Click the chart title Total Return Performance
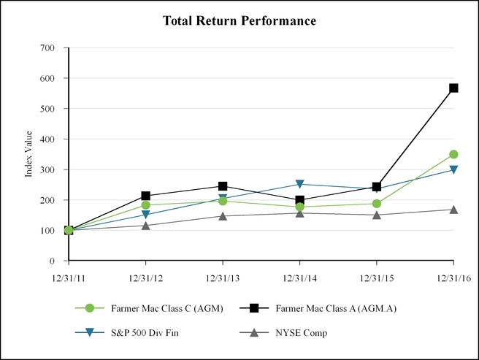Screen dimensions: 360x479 (x=239, y=20)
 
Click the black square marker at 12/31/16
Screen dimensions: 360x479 (x=453, y=88)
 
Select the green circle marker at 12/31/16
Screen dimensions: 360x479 (x=453, y=154)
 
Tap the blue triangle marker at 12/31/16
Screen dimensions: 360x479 (x=453, y=170)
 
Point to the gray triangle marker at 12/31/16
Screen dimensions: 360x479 (x=453, y=210)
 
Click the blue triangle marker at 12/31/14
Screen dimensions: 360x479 (x=299, y=184)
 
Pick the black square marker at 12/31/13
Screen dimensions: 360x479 (x=223, y=186)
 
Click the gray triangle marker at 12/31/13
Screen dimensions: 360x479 (x=223, y=215)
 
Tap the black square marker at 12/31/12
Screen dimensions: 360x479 (x=146, y=196)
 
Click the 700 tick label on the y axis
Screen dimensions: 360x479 (x=47, y=47)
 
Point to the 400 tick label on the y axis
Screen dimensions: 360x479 (x=47, y=139)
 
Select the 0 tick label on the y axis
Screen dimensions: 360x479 (x=53, y=261)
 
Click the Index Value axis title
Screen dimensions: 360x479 (x=29, y=154)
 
